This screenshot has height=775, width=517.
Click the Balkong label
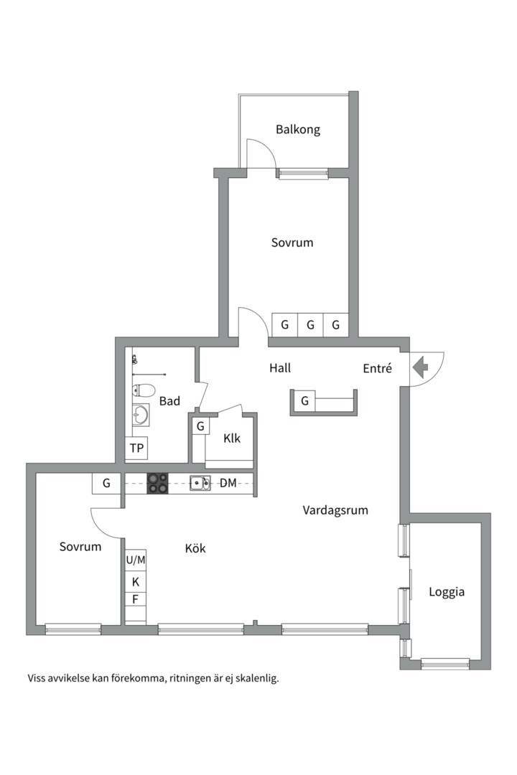(298, 130)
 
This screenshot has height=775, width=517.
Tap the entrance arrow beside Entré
(420, 367)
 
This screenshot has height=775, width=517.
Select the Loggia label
(446, 592)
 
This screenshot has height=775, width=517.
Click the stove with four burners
(157, 483)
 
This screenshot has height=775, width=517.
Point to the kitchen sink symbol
(200, 483)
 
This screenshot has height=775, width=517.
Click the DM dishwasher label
(228, 483)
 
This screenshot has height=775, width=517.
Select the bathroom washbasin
(141, 415)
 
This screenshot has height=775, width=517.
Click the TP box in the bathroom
(136, 448)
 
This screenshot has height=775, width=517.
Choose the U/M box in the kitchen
(136, 560)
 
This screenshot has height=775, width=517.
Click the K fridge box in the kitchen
(136, 582)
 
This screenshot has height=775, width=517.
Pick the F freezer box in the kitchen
(136, 599)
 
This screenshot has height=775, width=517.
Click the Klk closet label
(231, 438)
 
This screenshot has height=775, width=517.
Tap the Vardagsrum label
(335, 511)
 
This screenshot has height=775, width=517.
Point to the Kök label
(195, 548)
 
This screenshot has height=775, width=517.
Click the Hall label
(280, 368)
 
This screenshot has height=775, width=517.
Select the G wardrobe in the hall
(304, 400)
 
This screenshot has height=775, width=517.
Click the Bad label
(169, 401)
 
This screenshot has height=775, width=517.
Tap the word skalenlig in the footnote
(257, 678)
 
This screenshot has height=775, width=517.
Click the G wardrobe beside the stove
(106, 484)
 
